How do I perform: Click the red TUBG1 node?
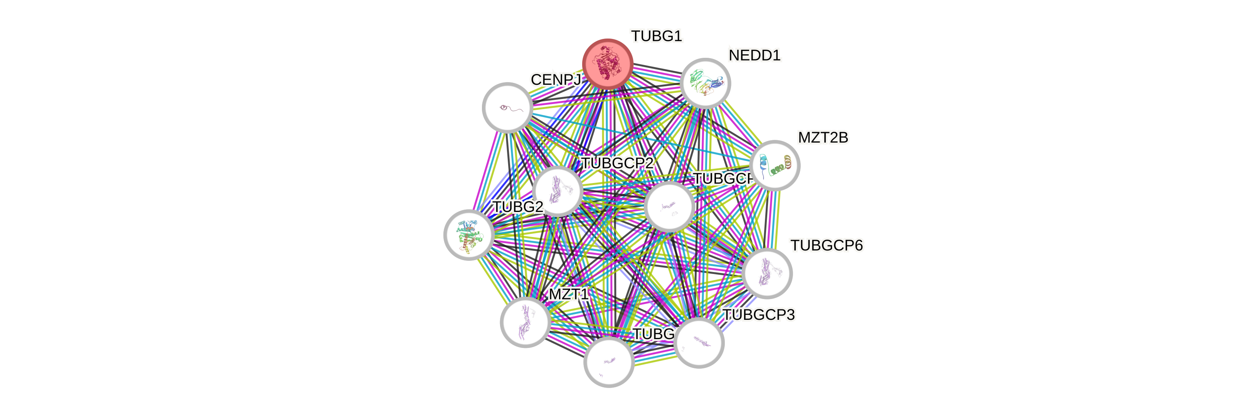click(608, 64)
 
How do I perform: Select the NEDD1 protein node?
click(705, 83)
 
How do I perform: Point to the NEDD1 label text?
click(754, 55)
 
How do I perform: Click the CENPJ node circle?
click(507, 108)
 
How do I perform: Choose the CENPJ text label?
click(556, 80)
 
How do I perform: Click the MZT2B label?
click(823, 138)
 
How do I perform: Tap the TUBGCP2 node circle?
click(557, 191)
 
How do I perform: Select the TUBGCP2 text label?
click(617, 163)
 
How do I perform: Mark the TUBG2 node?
click(469, 235)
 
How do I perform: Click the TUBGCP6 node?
click(767, 273)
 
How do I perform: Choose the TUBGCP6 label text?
click(827, 246)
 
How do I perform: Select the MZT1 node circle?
click(525, 322)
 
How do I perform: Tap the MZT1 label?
click(569, 294)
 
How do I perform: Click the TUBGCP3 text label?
click(759, 315)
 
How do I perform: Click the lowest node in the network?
click(608, 362)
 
